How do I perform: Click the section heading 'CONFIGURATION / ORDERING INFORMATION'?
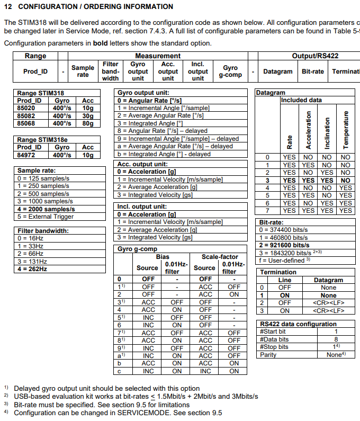coord(95,6)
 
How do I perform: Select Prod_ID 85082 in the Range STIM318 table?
coord(25,115)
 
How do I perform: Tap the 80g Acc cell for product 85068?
coord(87,123)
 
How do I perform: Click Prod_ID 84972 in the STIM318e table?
coord(25,155)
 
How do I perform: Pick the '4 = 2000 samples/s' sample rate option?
coord(46,209)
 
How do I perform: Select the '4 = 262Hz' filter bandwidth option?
coord(32,269)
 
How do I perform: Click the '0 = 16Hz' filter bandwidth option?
coord(31,238)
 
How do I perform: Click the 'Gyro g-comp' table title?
coord(137,249)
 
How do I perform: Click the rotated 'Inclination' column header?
coord(327,132)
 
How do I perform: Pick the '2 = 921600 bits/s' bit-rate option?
coord(284,245)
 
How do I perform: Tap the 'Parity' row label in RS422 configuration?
coord(268,354)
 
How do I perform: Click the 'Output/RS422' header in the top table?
coord(315,56)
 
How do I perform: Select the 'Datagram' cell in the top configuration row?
coord(277,71)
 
